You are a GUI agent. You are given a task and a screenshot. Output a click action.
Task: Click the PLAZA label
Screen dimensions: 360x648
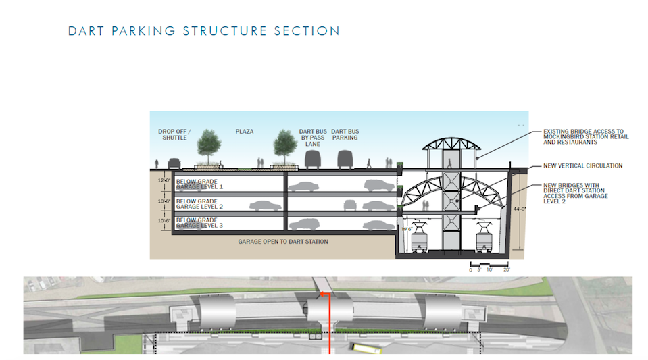tap(244, 132)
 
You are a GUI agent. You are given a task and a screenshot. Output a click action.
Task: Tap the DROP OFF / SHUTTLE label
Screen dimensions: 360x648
tap(175, 134)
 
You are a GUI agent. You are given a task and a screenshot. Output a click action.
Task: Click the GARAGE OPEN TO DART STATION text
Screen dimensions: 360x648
tap(283, 241)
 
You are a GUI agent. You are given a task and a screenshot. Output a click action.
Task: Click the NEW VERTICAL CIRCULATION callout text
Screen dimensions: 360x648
tap(582, 165)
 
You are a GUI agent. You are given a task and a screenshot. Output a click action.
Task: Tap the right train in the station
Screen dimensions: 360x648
tap(483, 236)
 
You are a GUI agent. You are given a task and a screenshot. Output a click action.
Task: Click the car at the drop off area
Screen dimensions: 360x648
tap(174, 163)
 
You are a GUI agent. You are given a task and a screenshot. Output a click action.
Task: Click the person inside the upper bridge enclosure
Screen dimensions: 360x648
tap(447, 160)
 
